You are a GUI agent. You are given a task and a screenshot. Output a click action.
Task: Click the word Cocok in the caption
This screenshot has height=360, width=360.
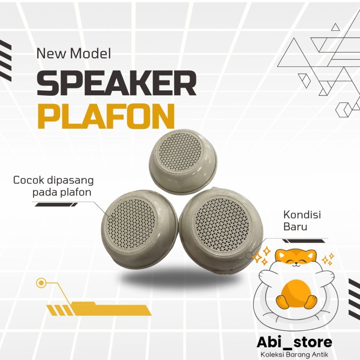26,180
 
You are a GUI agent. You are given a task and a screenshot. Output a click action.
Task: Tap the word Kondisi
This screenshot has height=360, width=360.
302,215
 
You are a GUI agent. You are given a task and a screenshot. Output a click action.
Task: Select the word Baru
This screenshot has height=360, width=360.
295,227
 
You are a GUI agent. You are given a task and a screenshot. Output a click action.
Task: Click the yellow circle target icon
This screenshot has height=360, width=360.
41,283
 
